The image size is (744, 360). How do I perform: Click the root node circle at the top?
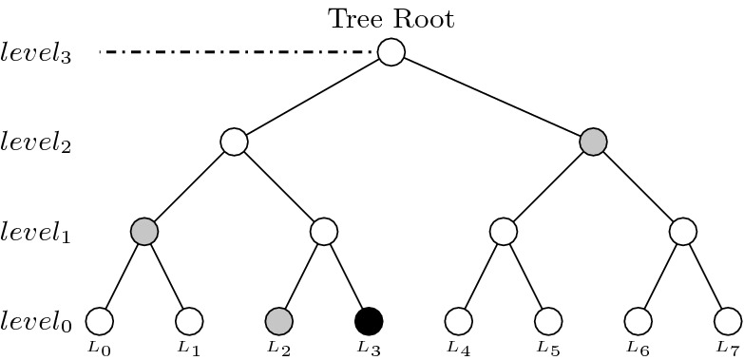391,52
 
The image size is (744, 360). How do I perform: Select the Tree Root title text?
391,18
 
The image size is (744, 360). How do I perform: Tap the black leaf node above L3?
369,321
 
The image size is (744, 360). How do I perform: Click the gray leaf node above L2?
278,321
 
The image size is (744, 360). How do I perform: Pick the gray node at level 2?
593,142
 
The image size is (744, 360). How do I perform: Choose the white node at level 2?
234,142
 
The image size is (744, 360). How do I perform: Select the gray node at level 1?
144,231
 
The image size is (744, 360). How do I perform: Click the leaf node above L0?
100,321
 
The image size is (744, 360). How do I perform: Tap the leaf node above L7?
727,321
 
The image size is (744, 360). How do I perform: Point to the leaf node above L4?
458,321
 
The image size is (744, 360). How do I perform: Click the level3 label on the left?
37,53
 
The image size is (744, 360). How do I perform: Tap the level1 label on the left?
37,233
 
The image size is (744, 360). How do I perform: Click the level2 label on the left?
37,143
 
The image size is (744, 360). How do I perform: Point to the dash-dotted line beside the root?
238,52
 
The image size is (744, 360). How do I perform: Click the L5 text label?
547,348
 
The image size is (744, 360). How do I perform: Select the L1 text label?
190,348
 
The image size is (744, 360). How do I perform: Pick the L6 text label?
638,348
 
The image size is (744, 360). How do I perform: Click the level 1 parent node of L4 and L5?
504,231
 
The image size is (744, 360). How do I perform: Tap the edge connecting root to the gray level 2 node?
492,97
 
